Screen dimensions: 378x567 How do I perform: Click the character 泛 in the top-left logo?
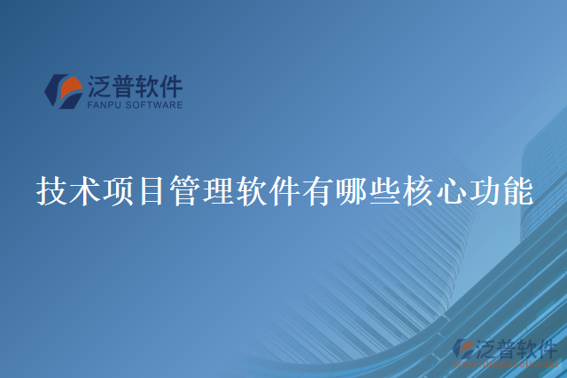98,87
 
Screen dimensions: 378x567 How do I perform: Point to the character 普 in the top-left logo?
122,87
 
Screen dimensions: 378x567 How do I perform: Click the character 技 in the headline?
50,190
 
